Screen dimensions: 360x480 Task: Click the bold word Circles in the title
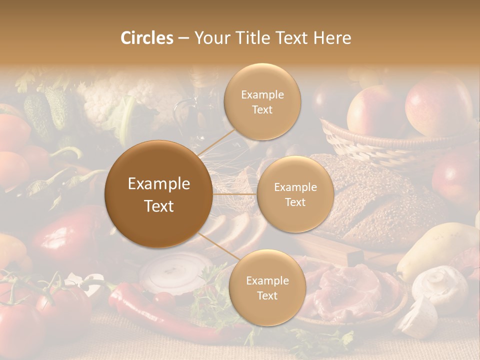(146, 38)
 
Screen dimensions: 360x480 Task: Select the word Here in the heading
(332, 38)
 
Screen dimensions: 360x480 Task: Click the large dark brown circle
(159, 194)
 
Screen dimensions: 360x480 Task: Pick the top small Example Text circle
(262, 102)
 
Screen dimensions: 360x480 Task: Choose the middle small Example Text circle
(295, 194)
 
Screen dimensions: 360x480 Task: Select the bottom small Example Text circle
(267, 288)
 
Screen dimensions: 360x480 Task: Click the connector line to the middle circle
(234, 194)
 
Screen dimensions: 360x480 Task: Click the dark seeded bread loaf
(380, 200)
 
